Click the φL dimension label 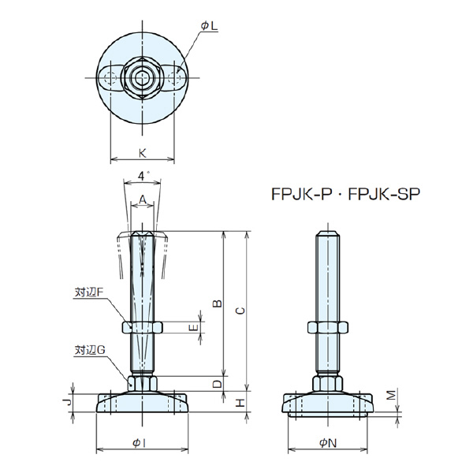click(209, 27)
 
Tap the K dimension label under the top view click(142, 151)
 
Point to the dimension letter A click(142, 199)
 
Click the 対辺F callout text click(89, 292)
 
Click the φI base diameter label click(141, 442)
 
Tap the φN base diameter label click(329, 442)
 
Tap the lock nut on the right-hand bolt click(329, 327)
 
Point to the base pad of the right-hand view click(329, 404)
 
